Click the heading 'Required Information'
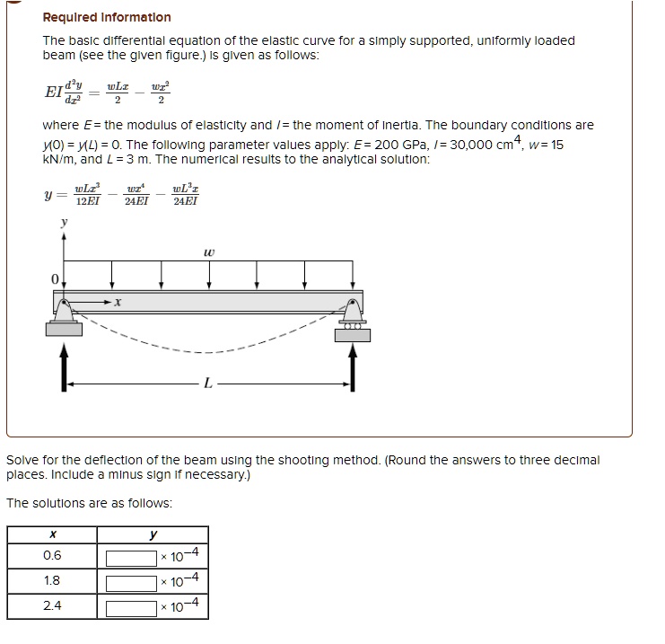click(x=107, y=17)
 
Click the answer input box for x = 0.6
click(x=132, y=557)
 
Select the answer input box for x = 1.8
click(x=132, y=582)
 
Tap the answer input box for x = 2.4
click(x=132, y=607)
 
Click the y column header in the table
click(x=153, y=534)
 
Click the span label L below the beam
click(x=208, y=384)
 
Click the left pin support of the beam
click(x=64, y=314)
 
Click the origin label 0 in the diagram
click(x=53, y=280)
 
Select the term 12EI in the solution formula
click(x=87, y=200)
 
